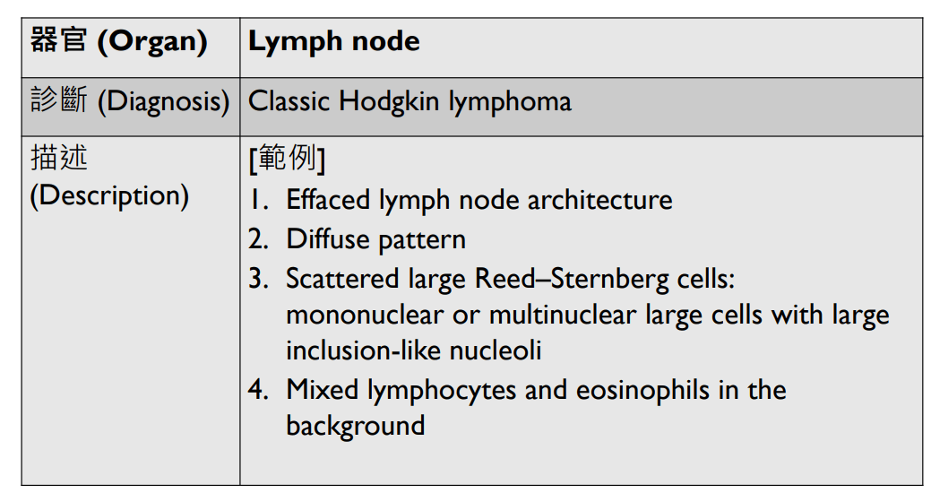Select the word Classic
[289, 100]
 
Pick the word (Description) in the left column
[109, 195]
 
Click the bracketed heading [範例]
[286, 159]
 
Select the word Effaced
[328, 199]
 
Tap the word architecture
[599, 199]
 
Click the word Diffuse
[327, 239]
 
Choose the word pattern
[421, 240]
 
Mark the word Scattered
[333, 279]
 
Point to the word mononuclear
[364, 315]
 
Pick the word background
[355, 425]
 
